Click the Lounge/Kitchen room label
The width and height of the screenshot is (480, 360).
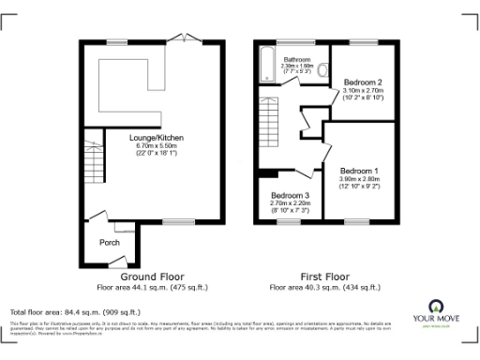tap(156, 138)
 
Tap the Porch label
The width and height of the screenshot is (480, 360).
tap(110, 242)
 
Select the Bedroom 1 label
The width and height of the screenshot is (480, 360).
tap(359, 172)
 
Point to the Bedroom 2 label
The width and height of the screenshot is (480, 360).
tap(361, 82)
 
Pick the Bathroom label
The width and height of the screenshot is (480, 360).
tap(296, 58)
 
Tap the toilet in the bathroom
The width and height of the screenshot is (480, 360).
tap(323, 69)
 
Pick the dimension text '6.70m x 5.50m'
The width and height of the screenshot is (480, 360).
tap(156, 146)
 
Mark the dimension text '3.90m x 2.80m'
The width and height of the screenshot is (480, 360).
tap(359, 180)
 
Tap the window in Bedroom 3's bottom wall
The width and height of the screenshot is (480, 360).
tap(282, 221)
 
